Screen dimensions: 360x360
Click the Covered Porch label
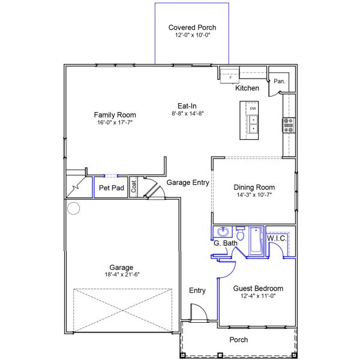coord(192,28)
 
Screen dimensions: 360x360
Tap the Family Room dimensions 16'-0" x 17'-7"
coord(115,122)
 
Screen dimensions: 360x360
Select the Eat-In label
coord(187,106)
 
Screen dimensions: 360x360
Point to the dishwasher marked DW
coord(253,109)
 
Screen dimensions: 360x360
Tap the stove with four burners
coord(289,125)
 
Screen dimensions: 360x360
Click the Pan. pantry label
coord(280,81)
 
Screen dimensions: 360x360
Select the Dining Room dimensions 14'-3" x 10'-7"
coord(254,195)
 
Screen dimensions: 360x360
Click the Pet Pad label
coord(112,188)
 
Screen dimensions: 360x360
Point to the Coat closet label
coord(134,186)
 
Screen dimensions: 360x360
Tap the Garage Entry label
coord(188,182)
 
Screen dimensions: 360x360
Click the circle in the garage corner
coord(73,208)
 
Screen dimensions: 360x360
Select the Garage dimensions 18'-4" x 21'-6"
coord(122,275)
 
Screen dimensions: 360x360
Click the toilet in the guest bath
coord(240,233)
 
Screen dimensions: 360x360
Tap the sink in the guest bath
coord(223,232)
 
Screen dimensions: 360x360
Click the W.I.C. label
coord(277,238)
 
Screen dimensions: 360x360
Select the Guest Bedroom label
coord(258,289)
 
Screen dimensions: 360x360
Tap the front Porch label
coord(239,340)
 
